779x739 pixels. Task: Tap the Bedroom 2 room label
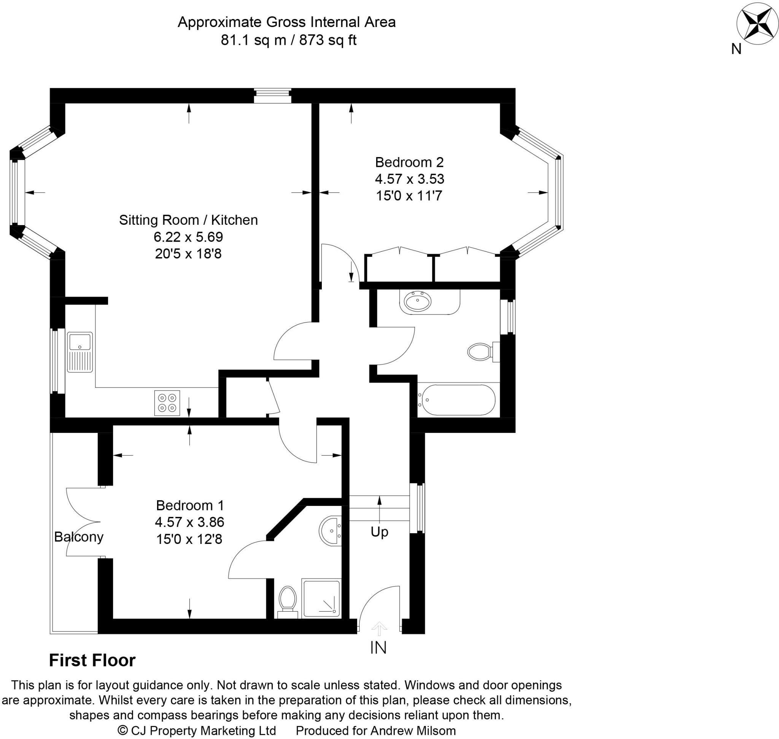(x=409, y=162)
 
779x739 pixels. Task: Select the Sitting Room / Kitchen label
(x=188, y=220)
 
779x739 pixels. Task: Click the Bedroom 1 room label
(x=189, y=505)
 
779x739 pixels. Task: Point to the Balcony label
(x=78, y=537)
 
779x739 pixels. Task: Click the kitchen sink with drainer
(x=79, y=352)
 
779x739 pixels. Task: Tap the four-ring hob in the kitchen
(x=167, y=403)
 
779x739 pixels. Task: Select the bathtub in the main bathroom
(x=456, y=400)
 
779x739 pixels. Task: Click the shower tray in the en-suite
(x=321, y=598)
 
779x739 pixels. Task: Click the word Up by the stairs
(x=379, y=532)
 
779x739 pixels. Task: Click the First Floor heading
(x=92, y=661)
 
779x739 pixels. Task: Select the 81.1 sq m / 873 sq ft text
(x=288, y=40)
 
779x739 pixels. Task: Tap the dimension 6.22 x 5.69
(x=188, y=237)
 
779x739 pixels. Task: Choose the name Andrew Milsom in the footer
(x=413, y=731)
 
